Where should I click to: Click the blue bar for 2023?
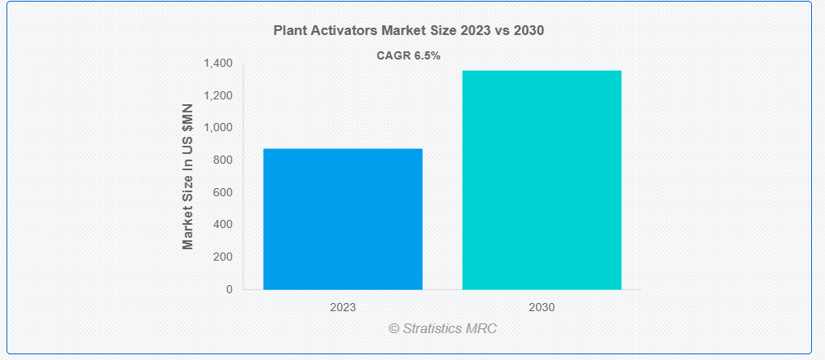(343, 219)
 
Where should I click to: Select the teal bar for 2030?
(542, 180)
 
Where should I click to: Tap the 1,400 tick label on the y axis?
(217, 64)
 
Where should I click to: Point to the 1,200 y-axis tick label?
(217, 95)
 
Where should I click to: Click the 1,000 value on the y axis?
(217, 127)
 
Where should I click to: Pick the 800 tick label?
(222, 160)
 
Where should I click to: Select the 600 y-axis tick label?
(222, 192)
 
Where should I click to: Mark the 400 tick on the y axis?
(222, 224)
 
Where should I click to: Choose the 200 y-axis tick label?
(222, 257)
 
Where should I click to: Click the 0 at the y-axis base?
(229, 289)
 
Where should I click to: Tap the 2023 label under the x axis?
(343, 307)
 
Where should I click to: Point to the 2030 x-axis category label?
(542, 307)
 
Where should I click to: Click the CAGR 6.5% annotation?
(408, 55)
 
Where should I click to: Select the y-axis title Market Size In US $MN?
(188, 176)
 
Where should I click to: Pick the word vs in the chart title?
(503, 30)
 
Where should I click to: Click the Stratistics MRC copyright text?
(443, 328)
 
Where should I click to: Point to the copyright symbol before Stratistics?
(394, 329)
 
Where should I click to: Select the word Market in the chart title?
(401, 30)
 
